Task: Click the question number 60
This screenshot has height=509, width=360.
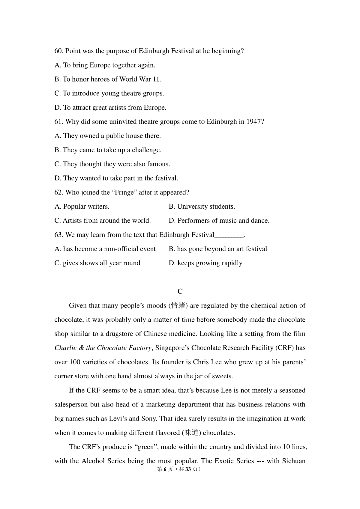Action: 58,51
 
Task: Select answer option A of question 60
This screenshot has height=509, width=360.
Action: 105,65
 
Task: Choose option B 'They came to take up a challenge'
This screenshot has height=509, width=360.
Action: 108,150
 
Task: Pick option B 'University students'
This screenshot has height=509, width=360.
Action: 202,207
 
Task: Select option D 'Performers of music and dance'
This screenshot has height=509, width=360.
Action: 219,221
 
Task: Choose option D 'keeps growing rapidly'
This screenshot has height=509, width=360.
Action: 205,263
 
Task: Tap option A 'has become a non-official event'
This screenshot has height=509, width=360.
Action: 105,249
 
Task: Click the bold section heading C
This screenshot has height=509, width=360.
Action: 180,291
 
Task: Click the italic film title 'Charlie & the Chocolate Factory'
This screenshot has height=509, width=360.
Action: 103,348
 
